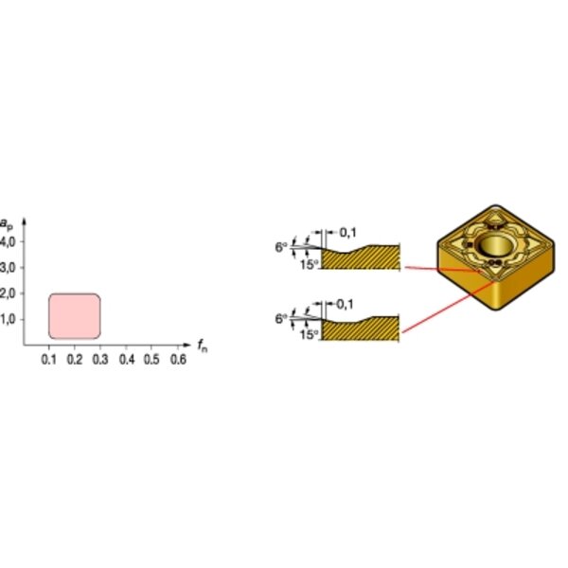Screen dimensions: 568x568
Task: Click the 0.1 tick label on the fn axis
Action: [49, 360]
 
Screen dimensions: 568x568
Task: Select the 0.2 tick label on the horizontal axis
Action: [75, 360]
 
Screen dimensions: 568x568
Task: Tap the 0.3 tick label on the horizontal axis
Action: [100, 360]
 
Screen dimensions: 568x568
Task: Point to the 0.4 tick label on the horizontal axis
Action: [127, 360]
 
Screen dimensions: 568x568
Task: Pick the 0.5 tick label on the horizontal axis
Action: [151, 360]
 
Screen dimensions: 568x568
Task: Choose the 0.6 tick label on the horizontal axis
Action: [178, 360]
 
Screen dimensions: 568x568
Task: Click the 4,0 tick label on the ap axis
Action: [8, 241]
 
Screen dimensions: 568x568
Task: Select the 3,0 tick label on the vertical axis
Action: [8, 268]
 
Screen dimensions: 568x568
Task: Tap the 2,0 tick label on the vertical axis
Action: [8, 293]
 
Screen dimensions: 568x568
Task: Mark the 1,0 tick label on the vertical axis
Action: [8, 320]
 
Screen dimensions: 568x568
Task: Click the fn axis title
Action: [203, 346]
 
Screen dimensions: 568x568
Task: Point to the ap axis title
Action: [7, 224]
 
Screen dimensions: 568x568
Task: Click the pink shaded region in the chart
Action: [75, 316]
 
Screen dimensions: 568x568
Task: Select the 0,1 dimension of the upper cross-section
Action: [347, 233]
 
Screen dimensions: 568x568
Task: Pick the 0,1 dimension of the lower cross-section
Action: [345, 305]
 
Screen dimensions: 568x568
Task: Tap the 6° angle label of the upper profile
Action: [281, 247]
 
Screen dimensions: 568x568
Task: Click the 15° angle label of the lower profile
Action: [309, 335]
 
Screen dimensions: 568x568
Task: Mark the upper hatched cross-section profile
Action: [361, 257]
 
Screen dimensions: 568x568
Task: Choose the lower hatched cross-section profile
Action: [360, 328]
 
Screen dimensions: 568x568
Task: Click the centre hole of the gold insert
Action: [495, 245]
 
